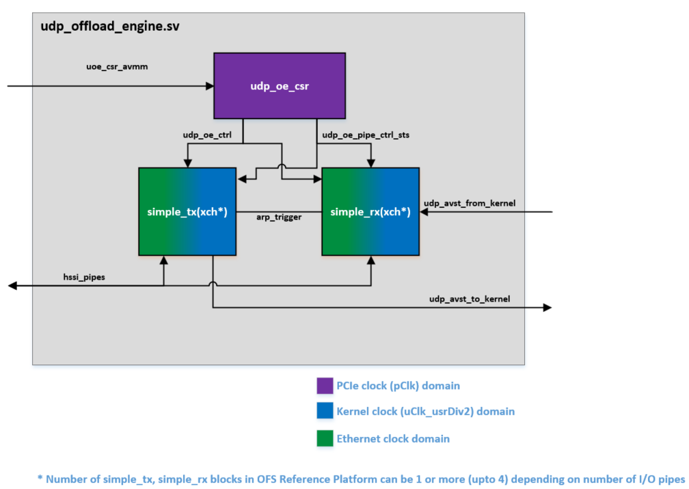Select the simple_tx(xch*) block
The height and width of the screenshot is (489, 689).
[x=187, y=212]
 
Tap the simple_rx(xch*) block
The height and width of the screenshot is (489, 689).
[x=370, y=212]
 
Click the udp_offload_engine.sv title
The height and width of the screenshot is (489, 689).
[x=110, y=27]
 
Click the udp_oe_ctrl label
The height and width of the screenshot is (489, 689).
[x=207, y=135]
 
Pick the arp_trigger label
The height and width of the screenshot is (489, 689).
[x=279, y=217]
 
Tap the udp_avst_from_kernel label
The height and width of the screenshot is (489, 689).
[x=470, y=203]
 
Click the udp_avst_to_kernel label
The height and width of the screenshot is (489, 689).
[x=470, y=299]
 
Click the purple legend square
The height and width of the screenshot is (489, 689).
[x=325, y=386]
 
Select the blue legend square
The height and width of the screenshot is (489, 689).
[x=325, y=412]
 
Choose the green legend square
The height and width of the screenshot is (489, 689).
[x=325, y=438]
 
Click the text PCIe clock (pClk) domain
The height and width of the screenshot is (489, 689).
[x=398, y=386]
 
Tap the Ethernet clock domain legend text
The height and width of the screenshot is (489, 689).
[x=393, y=438]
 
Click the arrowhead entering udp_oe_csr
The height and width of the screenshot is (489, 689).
[x=210, y=86]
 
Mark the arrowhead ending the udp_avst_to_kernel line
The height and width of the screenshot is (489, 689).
[x=547, y=308]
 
